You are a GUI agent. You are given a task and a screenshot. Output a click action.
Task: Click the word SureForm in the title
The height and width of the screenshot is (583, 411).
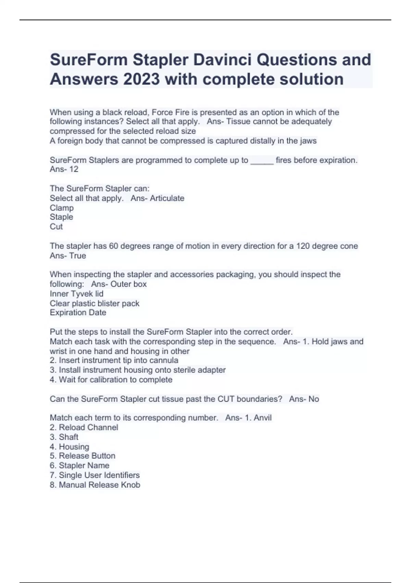[x=89, y=60]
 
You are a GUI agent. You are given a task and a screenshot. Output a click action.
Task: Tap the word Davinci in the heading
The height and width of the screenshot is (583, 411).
[x=222, y=60]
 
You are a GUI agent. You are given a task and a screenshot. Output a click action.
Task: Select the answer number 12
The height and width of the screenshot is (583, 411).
[x=74, y=169]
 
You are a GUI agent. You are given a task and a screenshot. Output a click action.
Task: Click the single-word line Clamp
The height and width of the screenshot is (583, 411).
[x=62, y=208]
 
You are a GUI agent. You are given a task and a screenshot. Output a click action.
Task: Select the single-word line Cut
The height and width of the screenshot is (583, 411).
[x=56, y=227]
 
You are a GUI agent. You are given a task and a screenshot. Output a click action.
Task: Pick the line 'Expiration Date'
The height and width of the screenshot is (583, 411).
[x=78, y=313]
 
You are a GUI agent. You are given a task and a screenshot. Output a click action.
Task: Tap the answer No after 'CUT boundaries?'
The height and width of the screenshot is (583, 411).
[x=314, y=399]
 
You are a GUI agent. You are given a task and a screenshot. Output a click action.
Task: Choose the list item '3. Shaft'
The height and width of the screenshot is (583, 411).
[x=64, y=437]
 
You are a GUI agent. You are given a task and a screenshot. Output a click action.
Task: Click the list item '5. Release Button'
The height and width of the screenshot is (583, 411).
[x=83, y=456]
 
